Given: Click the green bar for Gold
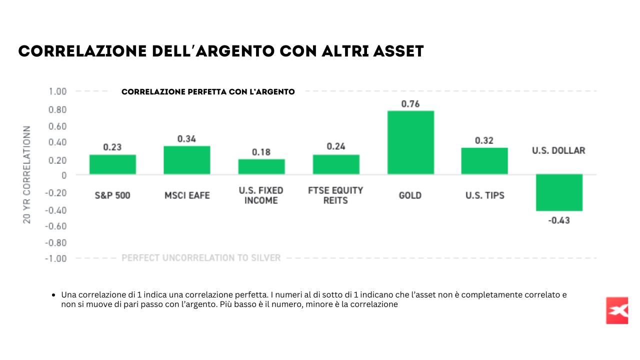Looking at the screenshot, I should click(410, 142).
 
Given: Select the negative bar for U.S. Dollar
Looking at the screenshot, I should click(559, 192).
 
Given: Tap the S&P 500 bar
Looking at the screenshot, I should click(112, 164).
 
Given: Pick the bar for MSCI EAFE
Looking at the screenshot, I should click(186, 160).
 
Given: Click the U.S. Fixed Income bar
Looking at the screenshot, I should click(261, 166).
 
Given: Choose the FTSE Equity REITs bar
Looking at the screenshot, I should click(336, 164).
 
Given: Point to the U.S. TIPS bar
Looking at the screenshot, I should click(484, 161).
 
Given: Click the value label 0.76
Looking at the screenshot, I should click(410, 104).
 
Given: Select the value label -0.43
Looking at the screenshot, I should click(559, 220).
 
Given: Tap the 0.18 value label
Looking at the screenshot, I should click(261, 152).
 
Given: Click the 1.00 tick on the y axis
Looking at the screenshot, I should click(57, 91).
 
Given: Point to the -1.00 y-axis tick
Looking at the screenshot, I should click(56, 258).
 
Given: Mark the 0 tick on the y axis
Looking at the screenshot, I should click(64, 175).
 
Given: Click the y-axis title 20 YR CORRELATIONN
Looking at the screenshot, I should click(27, 174).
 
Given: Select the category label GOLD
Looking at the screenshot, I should click(410, 195).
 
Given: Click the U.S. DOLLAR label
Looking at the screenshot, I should click(558, 150).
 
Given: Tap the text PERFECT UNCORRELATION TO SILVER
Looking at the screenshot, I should click(201, 258).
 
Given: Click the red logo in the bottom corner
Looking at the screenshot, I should click(616, 310).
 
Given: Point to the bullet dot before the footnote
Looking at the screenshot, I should click(53, 295).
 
